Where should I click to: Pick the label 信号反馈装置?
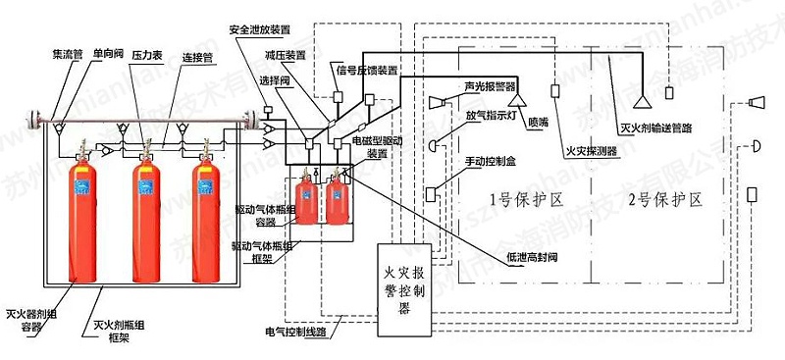click(367, 70)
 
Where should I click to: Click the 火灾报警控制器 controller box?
click(403, 284)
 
